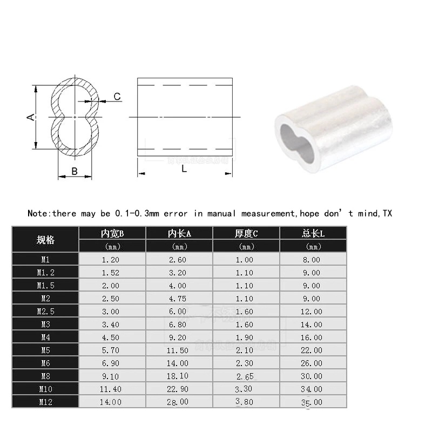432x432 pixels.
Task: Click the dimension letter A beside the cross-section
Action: coord(31,117)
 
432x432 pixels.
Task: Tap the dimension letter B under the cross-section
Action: coord(75,171)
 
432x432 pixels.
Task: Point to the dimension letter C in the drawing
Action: coord(117,97)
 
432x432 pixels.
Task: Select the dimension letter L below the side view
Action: coord(184,168)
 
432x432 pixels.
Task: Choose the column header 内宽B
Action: coord(112,233)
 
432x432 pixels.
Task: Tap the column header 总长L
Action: coord(313,233)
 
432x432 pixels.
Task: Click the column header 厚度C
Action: coord(246,233)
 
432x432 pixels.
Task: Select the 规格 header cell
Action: coord(45,240)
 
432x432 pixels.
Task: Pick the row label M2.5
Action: coord(45,312)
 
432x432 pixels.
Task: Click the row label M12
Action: coord(45,402)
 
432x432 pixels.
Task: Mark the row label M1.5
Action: coord(45,286)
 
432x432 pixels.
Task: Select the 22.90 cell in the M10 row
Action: coord(179,389)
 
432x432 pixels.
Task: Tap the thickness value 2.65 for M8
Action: coord(246,376)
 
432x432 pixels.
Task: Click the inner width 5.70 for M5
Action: coord(112,350)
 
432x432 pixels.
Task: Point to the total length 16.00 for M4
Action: coord(313,337)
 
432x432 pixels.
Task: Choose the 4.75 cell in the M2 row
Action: coord(179,299)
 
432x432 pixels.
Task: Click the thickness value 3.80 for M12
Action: coord(246,401)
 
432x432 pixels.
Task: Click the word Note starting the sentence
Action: coord(38,213)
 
